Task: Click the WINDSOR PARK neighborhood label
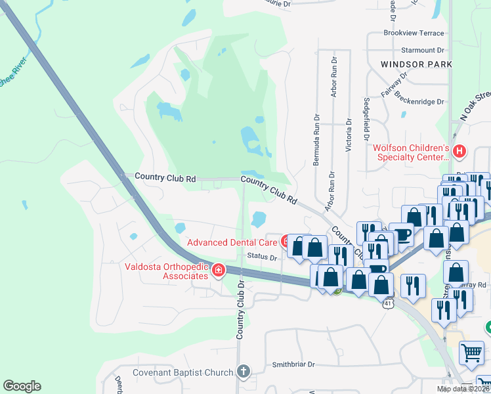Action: (x=416, y=64)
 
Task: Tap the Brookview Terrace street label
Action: (x=414, y=33)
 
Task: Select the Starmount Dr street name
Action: (x=422, y=50)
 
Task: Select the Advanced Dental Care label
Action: (x=233, y=242)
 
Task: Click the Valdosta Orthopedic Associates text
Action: (x=166, y=271)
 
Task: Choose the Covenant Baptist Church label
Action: (x=182, y=372)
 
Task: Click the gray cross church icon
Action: (x=244, y=372)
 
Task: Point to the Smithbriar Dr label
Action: (x=294, y=364)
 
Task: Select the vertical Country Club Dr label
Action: (x=241, y=311)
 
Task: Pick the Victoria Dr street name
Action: (x=348, y=135)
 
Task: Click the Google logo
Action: (x=22, y=386)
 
